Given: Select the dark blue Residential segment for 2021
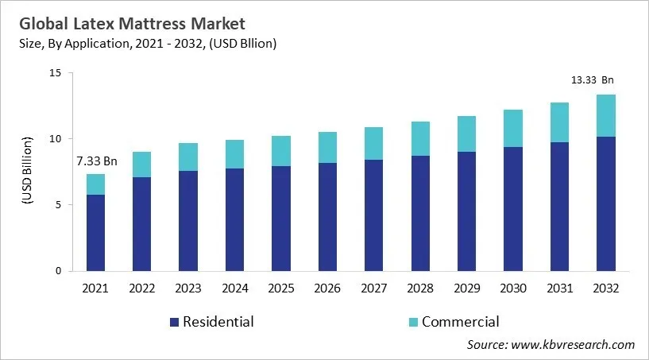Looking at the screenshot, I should pyautogui.click(x=95, y=232).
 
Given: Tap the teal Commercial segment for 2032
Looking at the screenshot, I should pyautogui.click(x=606, y=115).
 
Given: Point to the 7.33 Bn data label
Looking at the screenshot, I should pyautogui.click(x=96, y=161).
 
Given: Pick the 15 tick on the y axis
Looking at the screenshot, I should pyautogui.click(x=56, y=73).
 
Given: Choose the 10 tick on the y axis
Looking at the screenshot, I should pyautogui.click(x=56, y=139).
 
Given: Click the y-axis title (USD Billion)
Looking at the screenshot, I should pyautogui.click(x=26, y=171).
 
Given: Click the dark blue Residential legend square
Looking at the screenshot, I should pyautogui.click(x=174, y=322).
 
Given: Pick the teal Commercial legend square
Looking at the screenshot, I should pyautogui.click(x=412, y=322).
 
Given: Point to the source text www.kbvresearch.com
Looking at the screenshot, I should pyautogui.click(x=550, y=344).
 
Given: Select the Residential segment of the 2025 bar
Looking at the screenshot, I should pyautogui.click(x=281, y=219).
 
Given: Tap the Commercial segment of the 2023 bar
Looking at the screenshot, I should pyautogui.click(x=188, y=157).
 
